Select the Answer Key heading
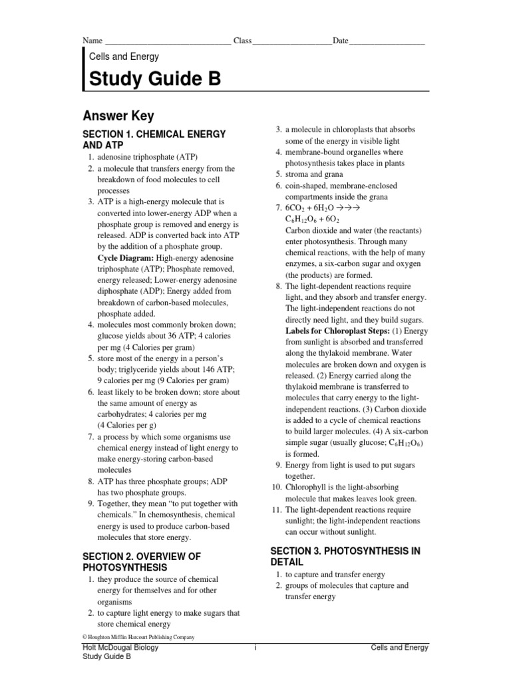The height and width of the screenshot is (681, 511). [x=118, y=116]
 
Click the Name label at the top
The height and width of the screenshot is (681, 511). [x=92, y=41]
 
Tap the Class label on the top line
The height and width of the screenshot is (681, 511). [x=242, y=41]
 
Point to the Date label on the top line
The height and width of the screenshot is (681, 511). [x=340, y=41]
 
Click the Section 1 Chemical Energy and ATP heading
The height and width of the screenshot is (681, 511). [x=154, y=139]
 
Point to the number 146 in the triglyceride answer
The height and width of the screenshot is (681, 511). [x=212, y=370]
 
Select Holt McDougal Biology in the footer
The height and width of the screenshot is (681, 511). [x=120, y=648]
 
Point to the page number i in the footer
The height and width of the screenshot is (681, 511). [x=255, y=648]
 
